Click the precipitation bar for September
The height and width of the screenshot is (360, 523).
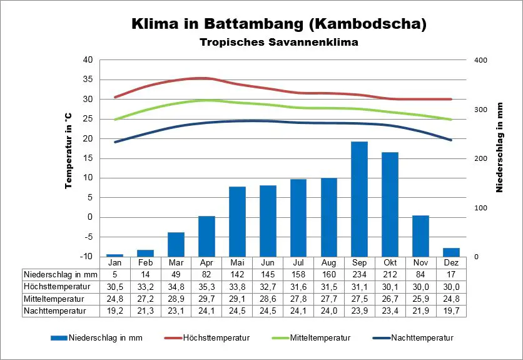coord(359,199)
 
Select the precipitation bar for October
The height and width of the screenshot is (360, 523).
coord(390,204)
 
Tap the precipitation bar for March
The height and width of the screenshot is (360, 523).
coord(176,244)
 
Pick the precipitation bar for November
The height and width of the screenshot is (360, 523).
coord(420,236)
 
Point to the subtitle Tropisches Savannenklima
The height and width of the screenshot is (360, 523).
coord(279,43)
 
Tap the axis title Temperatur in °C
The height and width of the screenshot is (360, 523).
coord(69,151)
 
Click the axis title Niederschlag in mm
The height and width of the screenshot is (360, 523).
coord(500,148)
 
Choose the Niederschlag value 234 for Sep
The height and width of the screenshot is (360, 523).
coord(359,274)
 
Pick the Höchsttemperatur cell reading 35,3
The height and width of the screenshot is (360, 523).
coord(206,286)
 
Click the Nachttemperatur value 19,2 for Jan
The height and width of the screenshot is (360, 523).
coord(114,310)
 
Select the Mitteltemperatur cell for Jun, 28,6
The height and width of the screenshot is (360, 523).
coord(267,298)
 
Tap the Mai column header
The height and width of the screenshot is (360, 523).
coord(237,262)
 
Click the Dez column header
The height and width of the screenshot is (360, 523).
coord(451,262)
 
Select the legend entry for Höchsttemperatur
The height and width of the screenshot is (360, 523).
coord(216,338)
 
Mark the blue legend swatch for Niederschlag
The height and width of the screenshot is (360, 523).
coord(59,338)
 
